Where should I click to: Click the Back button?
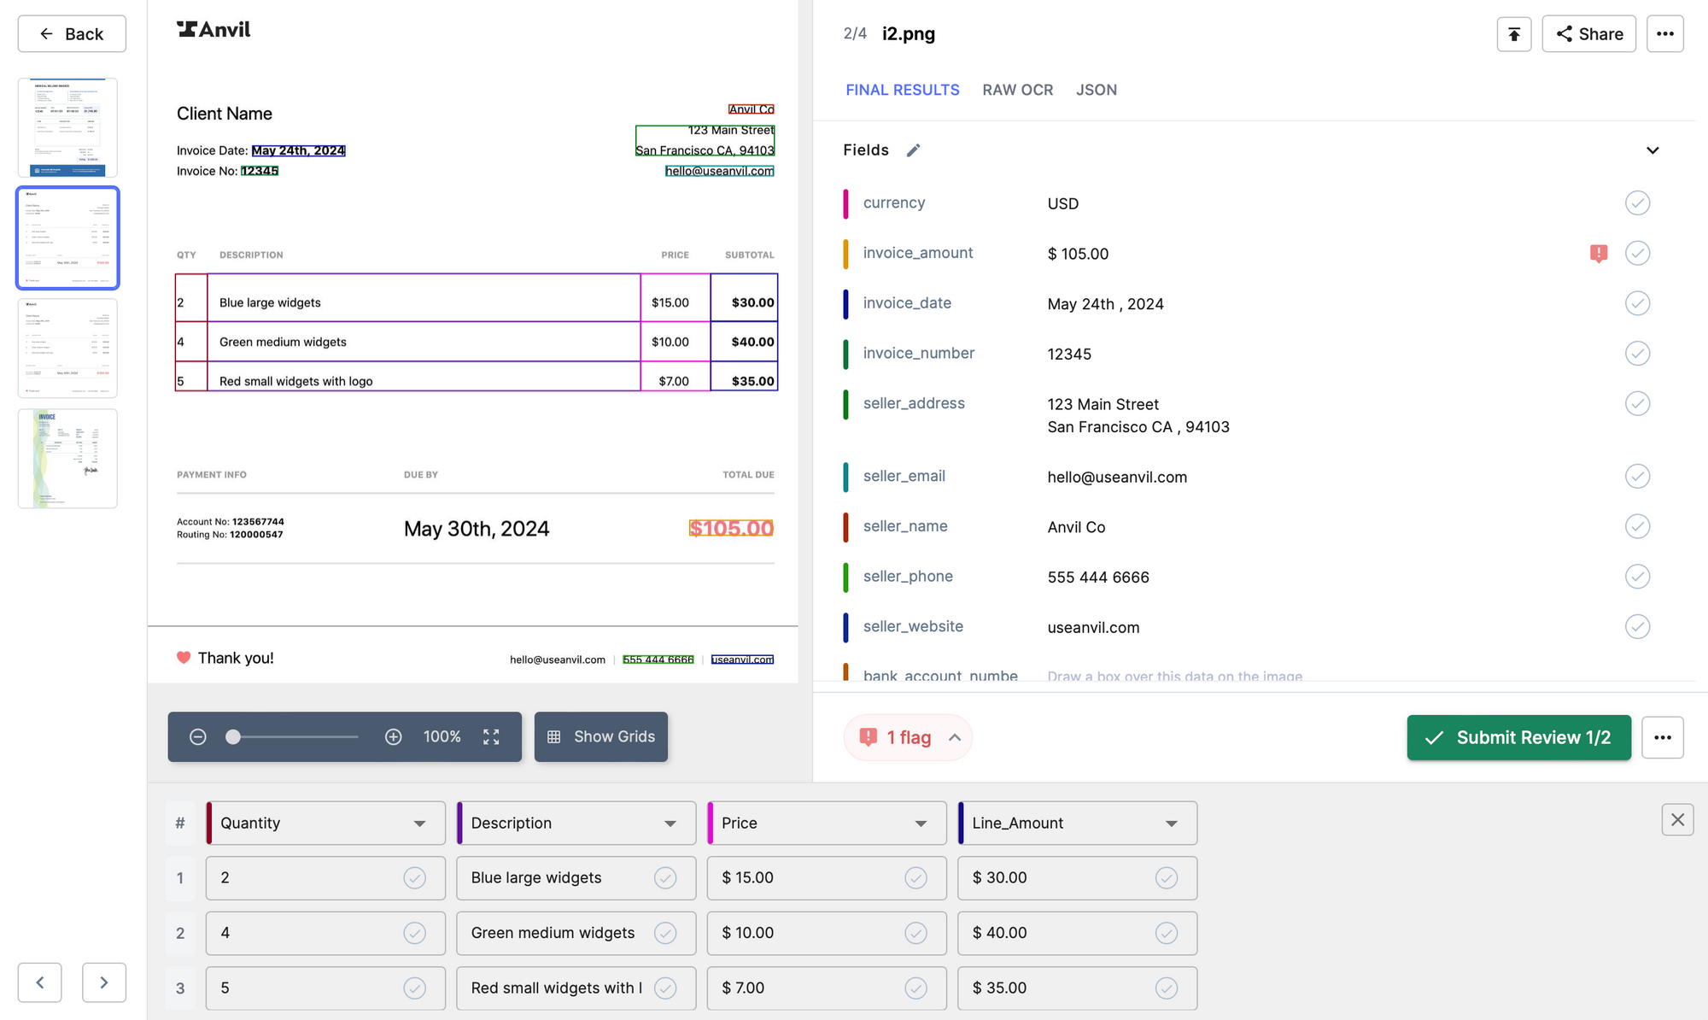(x=72, y=34)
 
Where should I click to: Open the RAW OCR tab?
(x=1017, y=90)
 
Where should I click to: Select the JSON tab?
(x=1096, y=90)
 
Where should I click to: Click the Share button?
(x=1588, y=34)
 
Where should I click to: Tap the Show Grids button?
(x=601, y=736)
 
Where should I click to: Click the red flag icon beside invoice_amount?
(x=1599, y=253)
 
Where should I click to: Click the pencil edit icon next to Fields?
(x=913, y=150)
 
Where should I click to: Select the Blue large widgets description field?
(x=559, y=878)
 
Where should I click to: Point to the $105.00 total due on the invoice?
(x=731, y=529)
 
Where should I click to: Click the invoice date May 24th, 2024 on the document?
(x=298, y=150)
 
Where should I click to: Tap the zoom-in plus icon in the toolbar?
(x=393, y=736)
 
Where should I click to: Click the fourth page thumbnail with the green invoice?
(x=67, y=459)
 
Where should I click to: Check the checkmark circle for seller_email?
(x=1637, y=476)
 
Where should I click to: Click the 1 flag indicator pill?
(x=908, y=737)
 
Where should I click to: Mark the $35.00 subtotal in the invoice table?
(x=752, y=381)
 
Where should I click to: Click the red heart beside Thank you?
(x=184, y=658)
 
